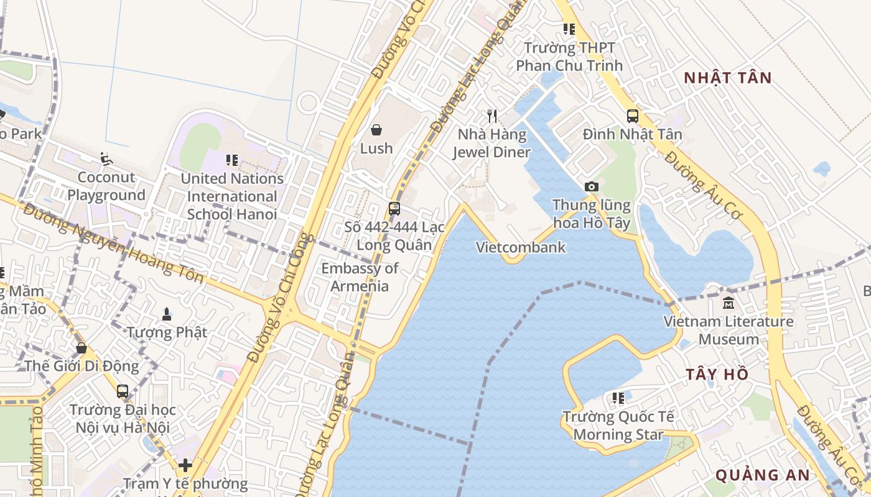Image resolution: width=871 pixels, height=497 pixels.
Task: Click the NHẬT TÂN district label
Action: coord(727,78)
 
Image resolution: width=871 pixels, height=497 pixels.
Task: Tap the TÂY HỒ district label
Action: coord(717,375)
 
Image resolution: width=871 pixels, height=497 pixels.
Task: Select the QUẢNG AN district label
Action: coord(762,475)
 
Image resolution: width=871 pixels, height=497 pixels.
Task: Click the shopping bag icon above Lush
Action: coord(376,129)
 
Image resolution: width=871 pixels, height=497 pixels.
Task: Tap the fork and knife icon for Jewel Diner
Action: coord(492,116)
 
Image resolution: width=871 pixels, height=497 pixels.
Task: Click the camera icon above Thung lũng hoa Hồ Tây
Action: coord(592,186)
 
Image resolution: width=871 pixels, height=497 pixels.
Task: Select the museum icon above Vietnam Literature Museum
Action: coord(729,303)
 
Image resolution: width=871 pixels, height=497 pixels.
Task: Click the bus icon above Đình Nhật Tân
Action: coord(633,116)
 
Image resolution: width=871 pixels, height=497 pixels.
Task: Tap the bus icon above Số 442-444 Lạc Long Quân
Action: coord(394,209)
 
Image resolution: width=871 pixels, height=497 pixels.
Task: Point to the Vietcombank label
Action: coord(521,247)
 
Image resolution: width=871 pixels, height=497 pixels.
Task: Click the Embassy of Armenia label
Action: coord(360,277)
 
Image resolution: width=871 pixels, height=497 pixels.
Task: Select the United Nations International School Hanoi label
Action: coord(232,196)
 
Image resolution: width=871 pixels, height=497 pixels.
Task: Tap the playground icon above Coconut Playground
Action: coord(106,159)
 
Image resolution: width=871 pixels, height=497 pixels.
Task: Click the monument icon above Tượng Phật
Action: coord(167,314)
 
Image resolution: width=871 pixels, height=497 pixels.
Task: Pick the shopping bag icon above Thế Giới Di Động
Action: coord(82,348)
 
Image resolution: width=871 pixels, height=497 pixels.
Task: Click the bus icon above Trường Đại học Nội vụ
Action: coord(123,391)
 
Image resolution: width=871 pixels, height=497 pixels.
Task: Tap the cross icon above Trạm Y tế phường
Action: coord(185,465)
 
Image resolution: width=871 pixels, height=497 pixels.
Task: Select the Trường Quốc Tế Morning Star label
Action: coord(618,426)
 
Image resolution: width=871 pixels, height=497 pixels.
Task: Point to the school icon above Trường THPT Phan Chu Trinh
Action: coord(569,29)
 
